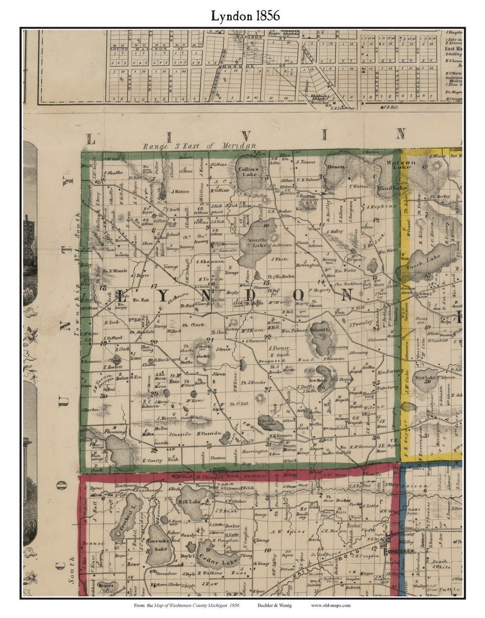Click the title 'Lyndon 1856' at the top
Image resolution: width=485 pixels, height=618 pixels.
coord(245,15)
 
